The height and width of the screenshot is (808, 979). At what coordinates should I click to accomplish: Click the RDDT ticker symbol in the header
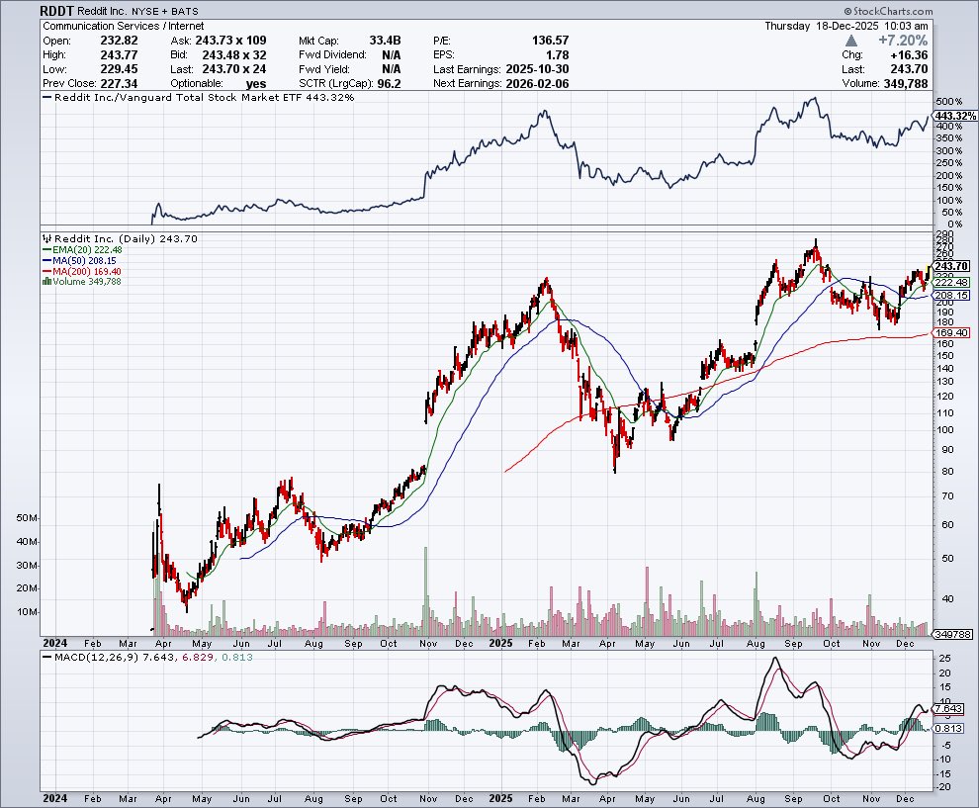57,10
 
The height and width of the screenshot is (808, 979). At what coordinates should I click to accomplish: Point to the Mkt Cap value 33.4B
384,41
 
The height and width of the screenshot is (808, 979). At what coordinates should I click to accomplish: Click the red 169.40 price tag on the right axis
953,333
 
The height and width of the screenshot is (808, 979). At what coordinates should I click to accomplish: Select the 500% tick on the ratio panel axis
948,102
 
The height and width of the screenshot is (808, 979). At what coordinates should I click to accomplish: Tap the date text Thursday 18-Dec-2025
845,26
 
